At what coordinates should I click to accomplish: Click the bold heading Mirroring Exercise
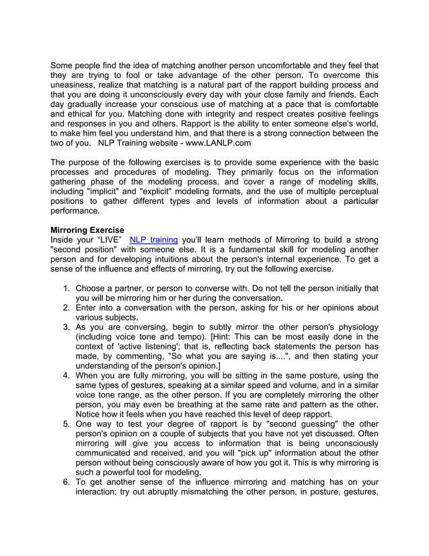(87, 230)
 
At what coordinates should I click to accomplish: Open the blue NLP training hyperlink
(153, 240)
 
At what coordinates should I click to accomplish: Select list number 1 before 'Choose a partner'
(66, 288)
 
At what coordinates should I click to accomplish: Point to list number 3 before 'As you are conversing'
(66, 327)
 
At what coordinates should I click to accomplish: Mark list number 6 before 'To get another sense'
(66, 482)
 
